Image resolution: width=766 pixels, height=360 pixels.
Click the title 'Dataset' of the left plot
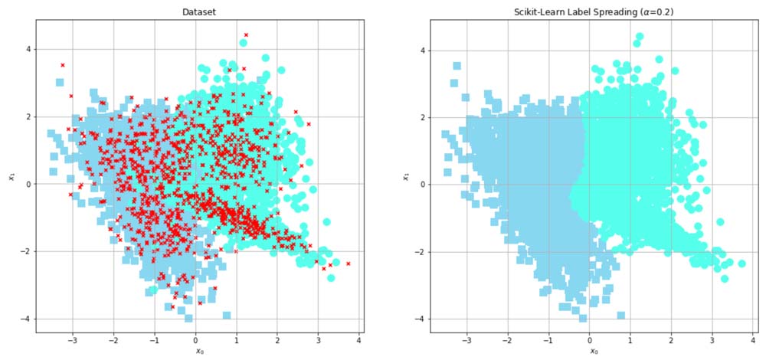198,12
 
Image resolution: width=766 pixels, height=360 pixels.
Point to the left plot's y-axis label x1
11,178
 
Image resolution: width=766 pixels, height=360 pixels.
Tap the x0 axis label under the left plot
198,351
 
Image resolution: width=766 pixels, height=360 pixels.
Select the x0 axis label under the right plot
593,351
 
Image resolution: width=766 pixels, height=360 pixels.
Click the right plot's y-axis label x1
406,178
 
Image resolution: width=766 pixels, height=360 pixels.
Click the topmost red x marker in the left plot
246,34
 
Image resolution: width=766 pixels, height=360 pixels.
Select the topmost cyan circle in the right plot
640,36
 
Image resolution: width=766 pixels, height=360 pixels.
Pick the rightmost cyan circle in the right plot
741,263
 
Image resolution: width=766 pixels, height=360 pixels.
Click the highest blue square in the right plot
457,66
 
